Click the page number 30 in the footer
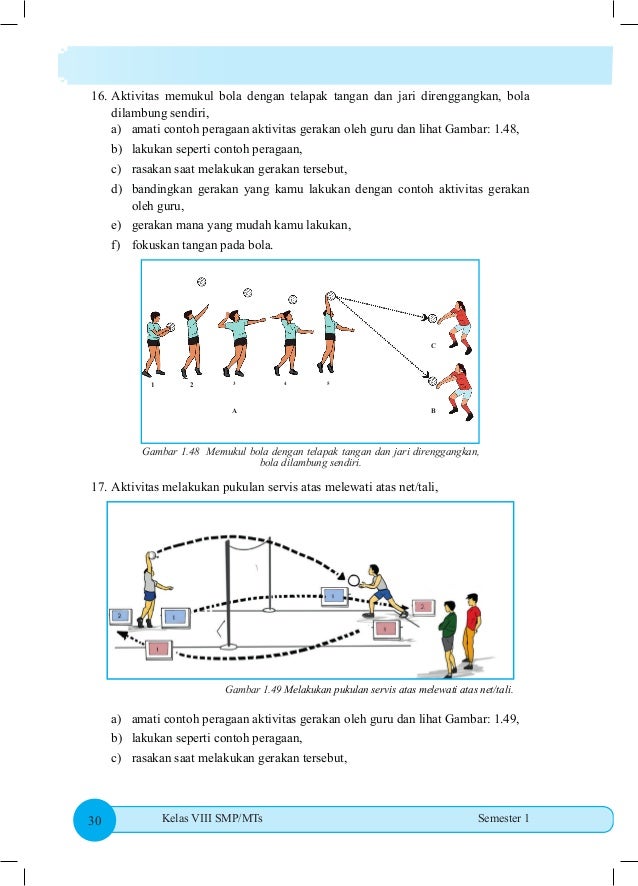pyautogui.click(x=96, y=821)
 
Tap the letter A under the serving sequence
pyautogui.click(x=233, y=410)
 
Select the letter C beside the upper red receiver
pyautogui.click(x=433, y=345)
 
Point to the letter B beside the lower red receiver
pyautogui.click(x=433, y=410)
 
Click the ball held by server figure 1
pyautogui.click(x=171, y=326)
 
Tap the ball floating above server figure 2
pyautogui.click(x=201, y=282)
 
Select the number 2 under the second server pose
pyautogui.click(x=192, y=384)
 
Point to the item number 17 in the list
pyautogui.click(x=98, y=487)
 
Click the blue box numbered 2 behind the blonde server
pyautogui.click(x=120, y=615)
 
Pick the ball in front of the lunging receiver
pyautogui.click(x=355, y=577)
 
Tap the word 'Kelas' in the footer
pyautogui.click(x=175, y=819)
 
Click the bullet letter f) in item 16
pyautogui.click(x=117, y=244)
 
